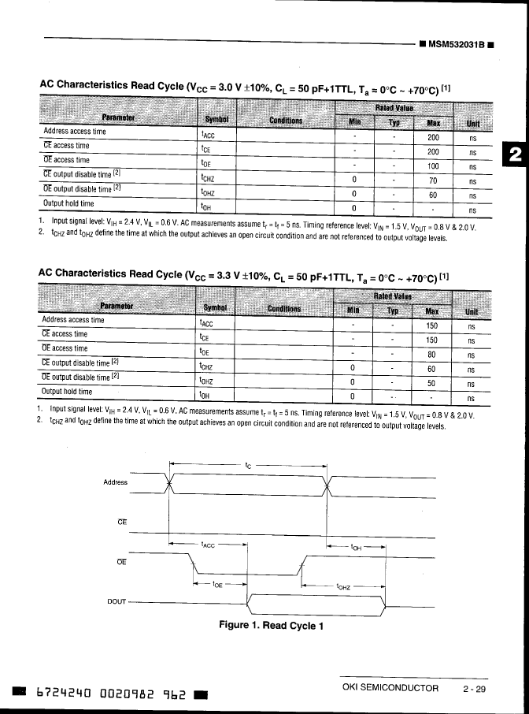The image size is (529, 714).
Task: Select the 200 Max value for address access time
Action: tap(432, 137)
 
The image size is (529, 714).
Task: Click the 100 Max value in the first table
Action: tap(432, 166)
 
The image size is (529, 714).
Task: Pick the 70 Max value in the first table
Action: tap(432, 180)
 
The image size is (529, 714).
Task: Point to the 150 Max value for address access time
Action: tap(431, 326)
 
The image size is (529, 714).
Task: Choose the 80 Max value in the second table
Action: tap(431, 355)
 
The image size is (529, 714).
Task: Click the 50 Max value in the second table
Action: tap(431, 384)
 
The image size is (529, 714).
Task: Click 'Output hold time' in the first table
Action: tap(68, 203)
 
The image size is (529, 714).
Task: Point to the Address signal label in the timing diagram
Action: tap(115, 481)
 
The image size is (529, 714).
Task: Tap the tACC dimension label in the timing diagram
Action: tap(209, 544)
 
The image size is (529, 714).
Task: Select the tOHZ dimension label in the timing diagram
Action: tap(344, 586)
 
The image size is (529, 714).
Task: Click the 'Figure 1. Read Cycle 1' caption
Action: tap(272, 626)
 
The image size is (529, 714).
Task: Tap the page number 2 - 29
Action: tap(475, 689)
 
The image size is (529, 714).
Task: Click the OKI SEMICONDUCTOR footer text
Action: tap(390, 689)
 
